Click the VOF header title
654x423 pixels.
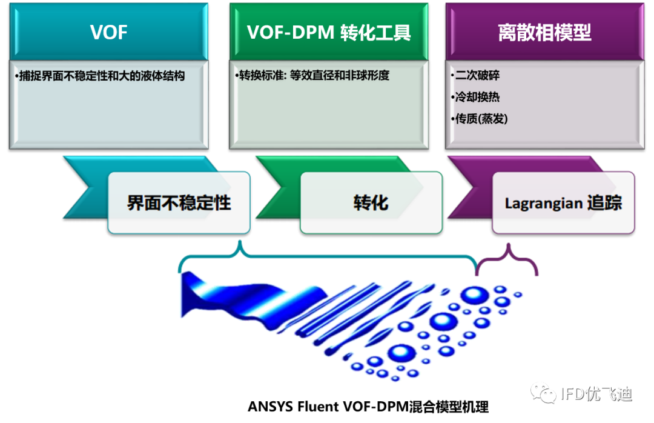click(x=109, y=33)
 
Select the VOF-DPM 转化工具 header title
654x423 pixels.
click(x=329, y=33)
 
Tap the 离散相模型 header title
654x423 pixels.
click(x=544, y=33)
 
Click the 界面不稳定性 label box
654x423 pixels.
click(x=179, y=202)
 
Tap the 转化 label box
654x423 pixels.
click(x=371, y=202)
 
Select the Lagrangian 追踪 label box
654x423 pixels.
click(x=563, y=202)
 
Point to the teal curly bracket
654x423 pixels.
click(x=327, y=258)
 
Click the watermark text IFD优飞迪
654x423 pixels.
click(x=596, y=394)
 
